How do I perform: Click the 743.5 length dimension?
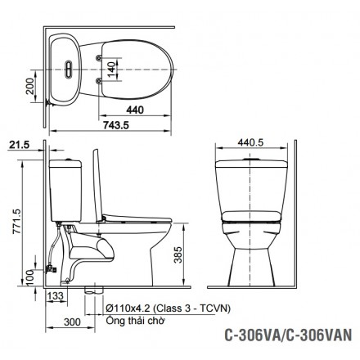(x=115, y=125)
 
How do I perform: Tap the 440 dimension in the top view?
(x=135, y=110)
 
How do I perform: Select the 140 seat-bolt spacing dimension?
(x=112, y=70)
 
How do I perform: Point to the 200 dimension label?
(x=30, y=86)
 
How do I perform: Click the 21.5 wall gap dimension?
(x=19, y=145)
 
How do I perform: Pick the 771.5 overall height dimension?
(x=16, y=221)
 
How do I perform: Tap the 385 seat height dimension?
(x=178, y=254)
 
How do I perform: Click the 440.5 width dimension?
(x=250, y=142)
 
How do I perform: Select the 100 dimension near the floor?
(x=30, y=277)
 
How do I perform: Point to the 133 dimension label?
(x=56, y=295)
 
